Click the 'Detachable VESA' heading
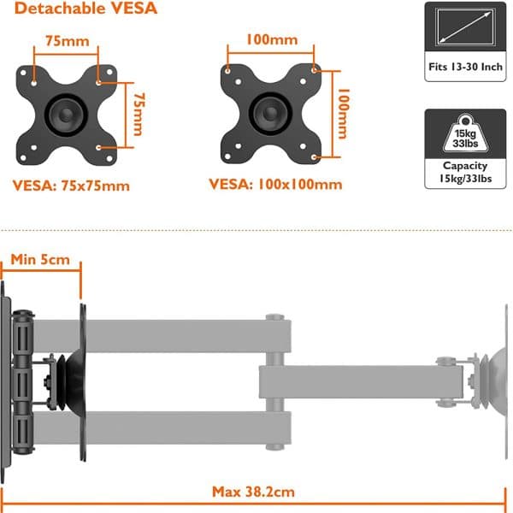point(85,9)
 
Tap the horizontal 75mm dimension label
point(68,41)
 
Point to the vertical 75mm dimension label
point(139,115)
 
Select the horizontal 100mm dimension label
point(272,40)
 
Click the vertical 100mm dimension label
point(344,114)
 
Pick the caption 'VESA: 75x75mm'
point(71,186)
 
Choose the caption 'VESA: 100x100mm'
point(275,184)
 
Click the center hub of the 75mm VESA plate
point(67,115)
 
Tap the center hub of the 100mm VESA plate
point(270,114)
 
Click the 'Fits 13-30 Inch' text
point(465,67)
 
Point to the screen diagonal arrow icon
point(465,27)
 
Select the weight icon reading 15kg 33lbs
point(465,133)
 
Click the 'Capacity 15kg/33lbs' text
point(465,172)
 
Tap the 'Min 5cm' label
point(40,260)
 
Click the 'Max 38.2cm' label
point(253,492)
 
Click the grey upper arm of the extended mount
point(162,336)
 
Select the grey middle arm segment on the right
point(361,382)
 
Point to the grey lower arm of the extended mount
point(162,428)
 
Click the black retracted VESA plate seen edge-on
point(83,382)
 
